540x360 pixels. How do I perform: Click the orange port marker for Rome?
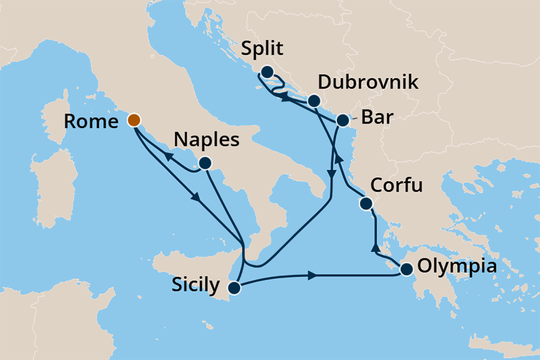tap(134, 119)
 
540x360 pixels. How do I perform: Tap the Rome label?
tap(92, 121)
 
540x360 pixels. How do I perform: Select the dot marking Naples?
tap(204, 163)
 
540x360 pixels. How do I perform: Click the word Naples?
tap(207, 140)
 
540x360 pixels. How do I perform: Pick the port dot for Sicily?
tap(234, 288)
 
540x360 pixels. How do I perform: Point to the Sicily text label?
tap(196, 286)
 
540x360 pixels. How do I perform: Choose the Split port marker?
tap(267, 72)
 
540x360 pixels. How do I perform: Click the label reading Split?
tap(262, 50)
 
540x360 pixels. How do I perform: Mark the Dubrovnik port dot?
tap(314, 101)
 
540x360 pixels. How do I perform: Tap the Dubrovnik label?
tap(368, 82)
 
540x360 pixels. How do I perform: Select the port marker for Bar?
tap(343, 120)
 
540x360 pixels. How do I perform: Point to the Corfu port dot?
tap(365, 204)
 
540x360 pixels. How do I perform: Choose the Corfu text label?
tap(396, 186)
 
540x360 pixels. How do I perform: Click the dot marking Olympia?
tap(406, 270)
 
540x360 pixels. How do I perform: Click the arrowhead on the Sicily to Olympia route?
tap(311, 275)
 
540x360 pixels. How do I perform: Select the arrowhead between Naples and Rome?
tap(169, 156)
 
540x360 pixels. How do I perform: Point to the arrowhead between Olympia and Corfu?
tap(376, 246)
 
